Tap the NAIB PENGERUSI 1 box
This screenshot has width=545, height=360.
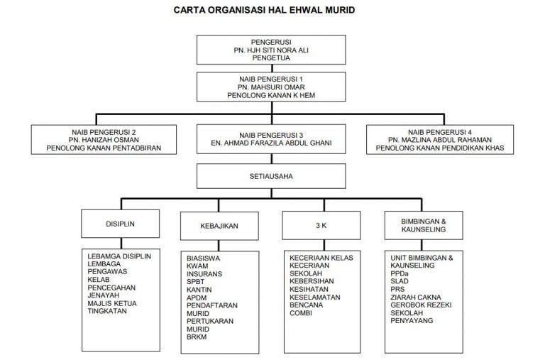(x=266, y=86)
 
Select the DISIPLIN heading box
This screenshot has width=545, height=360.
(x=119, y=223)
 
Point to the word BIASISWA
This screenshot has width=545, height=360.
(x=203, y=258)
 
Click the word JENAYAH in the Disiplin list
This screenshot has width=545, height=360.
(x=104, y=295)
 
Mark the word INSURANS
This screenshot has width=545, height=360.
(x=204, y=273)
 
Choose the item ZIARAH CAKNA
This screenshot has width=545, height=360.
(x=416, y=297)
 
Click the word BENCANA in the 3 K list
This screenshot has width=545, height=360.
(x=307, y=305)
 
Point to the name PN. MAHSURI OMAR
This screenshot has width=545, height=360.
(x=266, y=86)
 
